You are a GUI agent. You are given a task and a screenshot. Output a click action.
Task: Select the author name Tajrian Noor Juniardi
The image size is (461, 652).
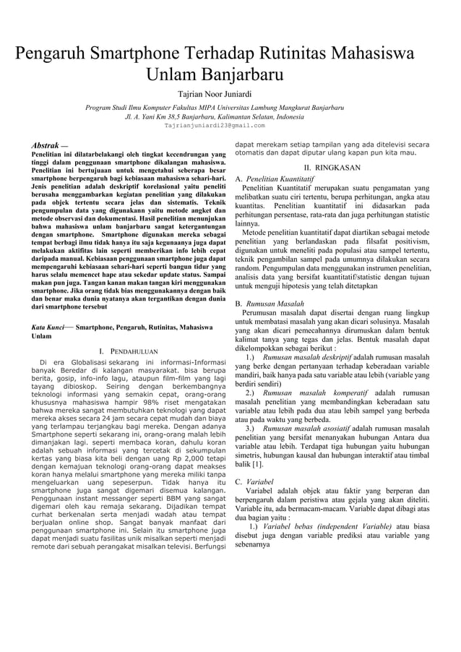tap(215, 93)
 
